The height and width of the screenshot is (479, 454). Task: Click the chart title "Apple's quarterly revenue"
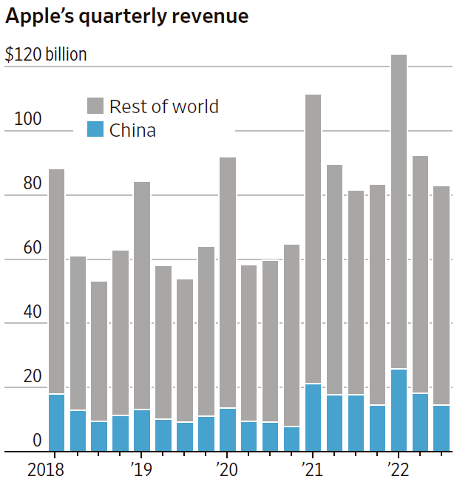(x=126, y=16)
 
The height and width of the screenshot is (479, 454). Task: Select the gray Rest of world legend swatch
(x=95, y=106)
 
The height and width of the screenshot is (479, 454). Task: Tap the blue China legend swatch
(x=95, y=129)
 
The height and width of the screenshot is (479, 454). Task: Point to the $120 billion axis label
(x=46, y=54)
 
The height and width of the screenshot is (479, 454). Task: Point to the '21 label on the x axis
(x=312, y=468)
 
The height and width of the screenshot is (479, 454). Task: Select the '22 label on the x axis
(x=398, y=468)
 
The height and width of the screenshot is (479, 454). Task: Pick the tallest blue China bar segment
(x=399, y=410)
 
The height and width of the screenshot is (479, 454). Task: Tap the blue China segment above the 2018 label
(x=56, y=422)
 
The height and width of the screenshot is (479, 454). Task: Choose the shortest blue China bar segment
(x=291, y=438)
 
